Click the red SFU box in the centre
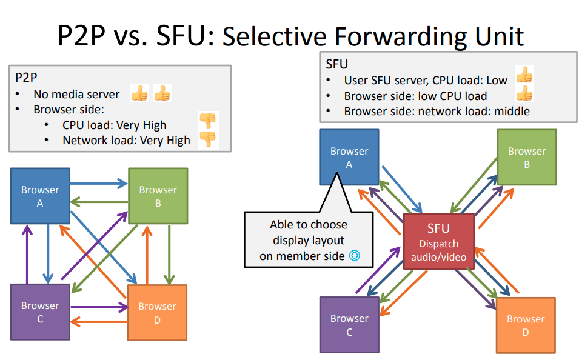pos(438,241)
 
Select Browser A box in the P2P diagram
pos(40,196)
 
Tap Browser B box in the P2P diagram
pos(158,196)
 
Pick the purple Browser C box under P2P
pos(40,312)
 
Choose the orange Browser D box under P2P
pos(157,312)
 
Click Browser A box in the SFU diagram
pos(349,158)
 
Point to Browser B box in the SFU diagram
pos(527,158)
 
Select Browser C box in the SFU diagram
pos(349,325)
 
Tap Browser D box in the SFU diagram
pos(526,325)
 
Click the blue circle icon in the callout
pos(355,256)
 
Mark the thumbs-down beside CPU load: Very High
pos(208,121)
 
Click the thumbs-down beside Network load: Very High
pos(208,139)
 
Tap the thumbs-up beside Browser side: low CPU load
pos(524,93)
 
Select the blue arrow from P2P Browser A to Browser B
pos(99,183)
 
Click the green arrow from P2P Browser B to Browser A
pos(99,202)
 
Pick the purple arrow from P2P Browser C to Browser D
pos(99,307)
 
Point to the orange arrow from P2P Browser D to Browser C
pos(99,322)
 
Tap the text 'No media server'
pos(76,95)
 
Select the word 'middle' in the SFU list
pos(512,111)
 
